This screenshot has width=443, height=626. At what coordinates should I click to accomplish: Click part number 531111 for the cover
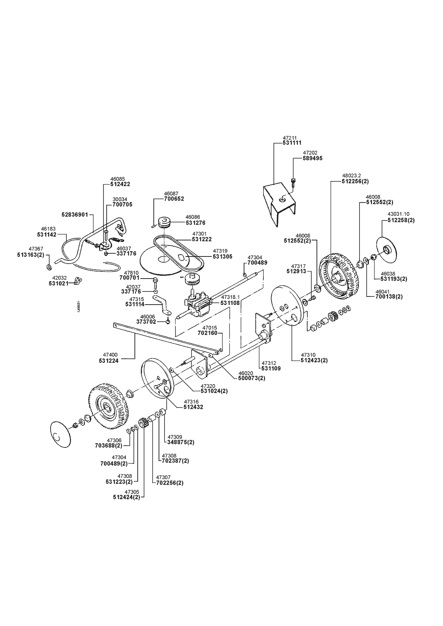292,143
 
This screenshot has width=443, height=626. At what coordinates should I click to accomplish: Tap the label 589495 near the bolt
312,158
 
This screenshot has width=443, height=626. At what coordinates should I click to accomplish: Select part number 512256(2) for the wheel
355,181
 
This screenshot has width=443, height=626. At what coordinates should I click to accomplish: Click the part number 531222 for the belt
202,239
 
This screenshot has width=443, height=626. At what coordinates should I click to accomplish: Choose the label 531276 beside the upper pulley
195,223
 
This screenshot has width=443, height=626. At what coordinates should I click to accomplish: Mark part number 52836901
75,215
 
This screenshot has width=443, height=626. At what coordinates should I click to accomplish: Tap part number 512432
193,407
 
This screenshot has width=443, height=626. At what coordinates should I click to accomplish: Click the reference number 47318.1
231,297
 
